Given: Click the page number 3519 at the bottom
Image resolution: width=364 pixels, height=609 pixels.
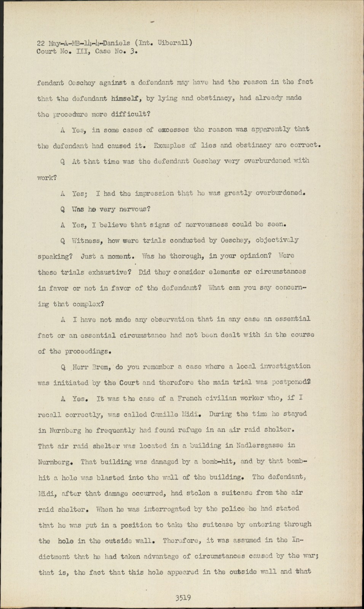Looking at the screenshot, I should (183, 598).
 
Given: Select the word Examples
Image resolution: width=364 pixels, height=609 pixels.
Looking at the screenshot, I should (169, 145).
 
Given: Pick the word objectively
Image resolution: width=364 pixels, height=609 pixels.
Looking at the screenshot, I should (277, 240).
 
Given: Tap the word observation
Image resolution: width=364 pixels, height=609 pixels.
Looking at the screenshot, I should (172, 319).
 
